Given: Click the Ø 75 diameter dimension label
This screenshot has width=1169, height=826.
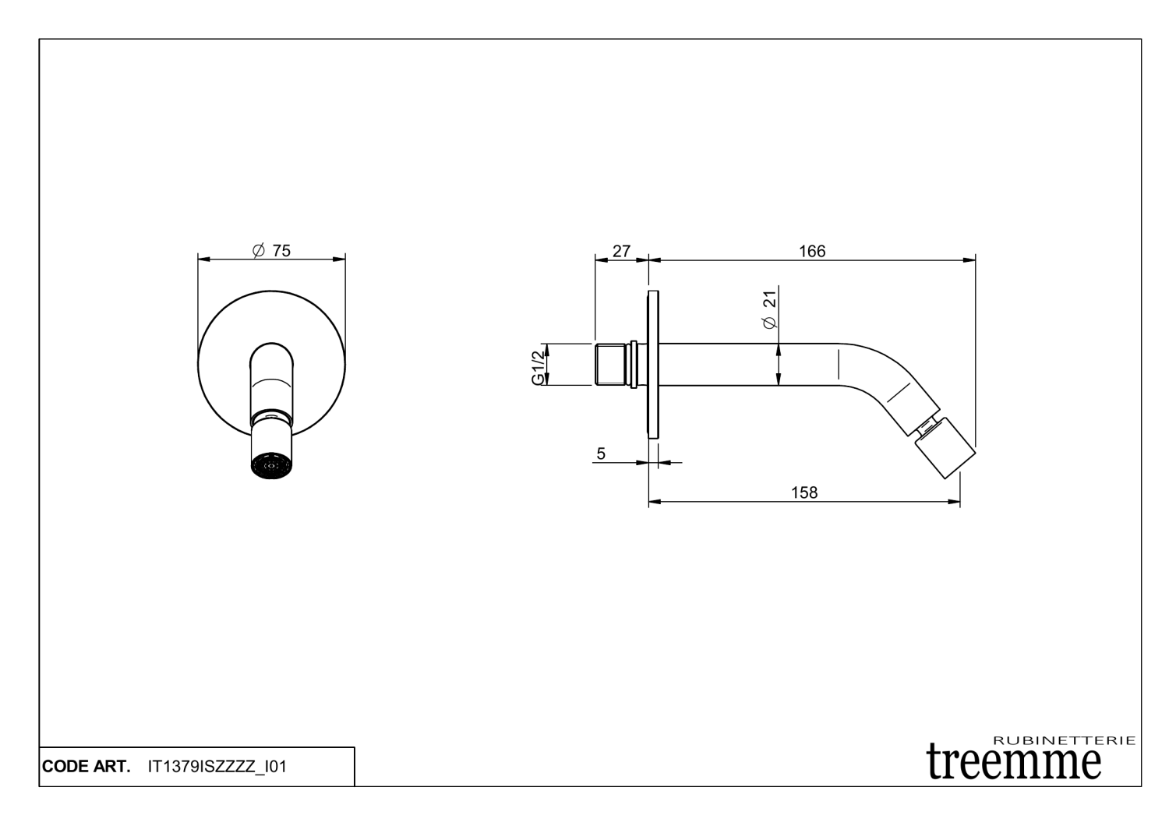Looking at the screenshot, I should (x=272, y=250).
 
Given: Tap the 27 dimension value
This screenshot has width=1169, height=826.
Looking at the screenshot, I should (x=621, y=251).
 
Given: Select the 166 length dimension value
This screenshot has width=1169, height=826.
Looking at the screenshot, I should (x=812, y=251).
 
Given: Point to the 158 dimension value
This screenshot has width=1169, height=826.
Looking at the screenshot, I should (x=804, y=492).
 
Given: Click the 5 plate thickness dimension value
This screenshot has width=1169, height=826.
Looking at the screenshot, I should (x=601, y=454).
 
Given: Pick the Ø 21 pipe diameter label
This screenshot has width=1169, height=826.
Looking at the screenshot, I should (x=770, y=309).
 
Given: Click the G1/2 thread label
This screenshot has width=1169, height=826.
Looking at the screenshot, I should (x=538, y=365).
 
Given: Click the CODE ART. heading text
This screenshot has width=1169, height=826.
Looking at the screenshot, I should (x=87, y=767).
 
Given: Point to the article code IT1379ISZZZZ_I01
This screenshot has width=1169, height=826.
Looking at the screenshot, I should (x=217, y=767).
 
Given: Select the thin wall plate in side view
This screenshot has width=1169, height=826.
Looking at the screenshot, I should (x=653, y=365).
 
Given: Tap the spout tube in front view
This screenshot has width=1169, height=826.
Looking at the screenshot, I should (x=272, y=382).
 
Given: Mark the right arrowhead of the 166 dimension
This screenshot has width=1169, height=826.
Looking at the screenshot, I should (x=971, y=260).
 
